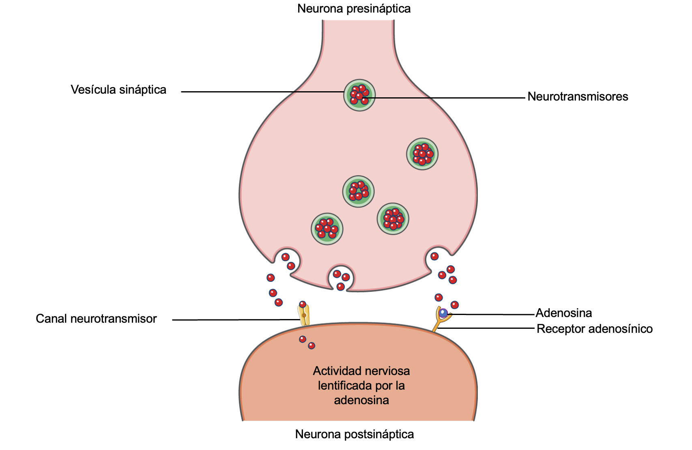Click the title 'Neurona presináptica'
pyautogui.click(x=354, y=9)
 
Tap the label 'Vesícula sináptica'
pyautogui.click(x=118, y=90)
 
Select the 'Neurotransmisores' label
pyautogui.click(x=578, y=96)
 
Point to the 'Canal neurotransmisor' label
pyautogui.click(x=96, y=319)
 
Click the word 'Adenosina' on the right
pyautogui.click(x=564, y=313)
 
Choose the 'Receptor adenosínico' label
pyautogui.click(x=595, y=329)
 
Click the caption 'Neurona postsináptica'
pyautogui.click(x=355, y=434)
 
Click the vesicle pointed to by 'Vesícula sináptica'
pyautogui.click(x=359, y=95)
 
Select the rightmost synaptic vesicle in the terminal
pyautogui.click(x=422, y=154)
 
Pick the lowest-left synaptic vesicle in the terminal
pyautogui.click(x=327, y=229)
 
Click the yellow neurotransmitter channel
pyautogui.click(x=304, y=316)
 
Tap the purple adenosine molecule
pyautogui.click(x=443, y=313)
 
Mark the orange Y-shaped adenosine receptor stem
pyautogui.click(x=436, y=326)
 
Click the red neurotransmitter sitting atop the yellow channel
pyautogui.click(x=303, y=304)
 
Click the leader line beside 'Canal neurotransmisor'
pyautogui.click(x=235, y=320)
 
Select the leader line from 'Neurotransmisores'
pyautogui.click(x=446, y=98)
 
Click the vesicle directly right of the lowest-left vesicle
pyautogui.click(x=393, y=219)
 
